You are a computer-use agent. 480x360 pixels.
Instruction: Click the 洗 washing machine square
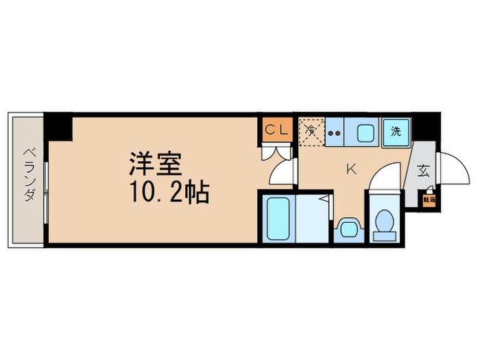[x=396, y=130]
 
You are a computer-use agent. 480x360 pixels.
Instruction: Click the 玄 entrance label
[x=422, y=172]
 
